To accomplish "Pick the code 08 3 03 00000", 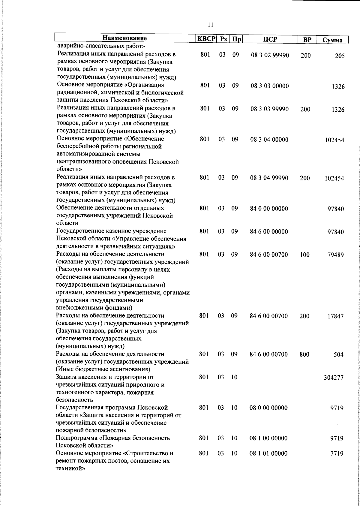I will click(270, 86).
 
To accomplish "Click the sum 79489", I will click(335, 255).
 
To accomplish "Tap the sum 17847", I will click(335, 316).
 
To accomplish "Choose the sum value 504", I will click(338, 355).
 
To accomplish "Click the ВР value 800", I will click(304, 354).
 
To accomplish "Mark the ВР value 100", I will click(304, 255).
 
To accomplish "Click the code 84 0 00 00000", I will click(269, 209).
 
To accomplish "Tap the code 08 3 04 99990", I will click(269, 178).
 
